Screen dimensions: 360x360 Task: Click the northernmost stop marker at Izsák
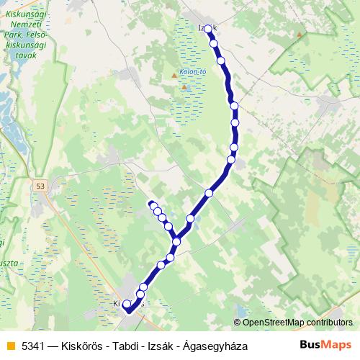pos(208,29)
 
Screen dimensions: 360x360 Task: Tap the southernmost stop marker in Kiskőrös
pos(127,305)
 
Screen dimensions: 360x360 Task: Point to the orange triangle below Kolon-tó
pos(184,88)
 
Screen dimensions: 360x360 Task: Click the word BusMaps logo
pos(326,346)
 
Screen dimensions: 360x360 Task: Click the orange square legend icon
pos(10,346)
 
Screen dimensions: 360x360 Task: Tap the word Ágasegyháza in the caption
pos(215,346)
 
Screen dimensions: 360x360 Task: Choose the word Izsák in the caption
pos(157,346)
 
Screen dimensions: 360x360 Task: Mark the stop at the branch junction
pos(176,241)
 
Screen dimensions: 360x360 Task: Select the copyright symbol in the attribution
pos(237,323)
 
